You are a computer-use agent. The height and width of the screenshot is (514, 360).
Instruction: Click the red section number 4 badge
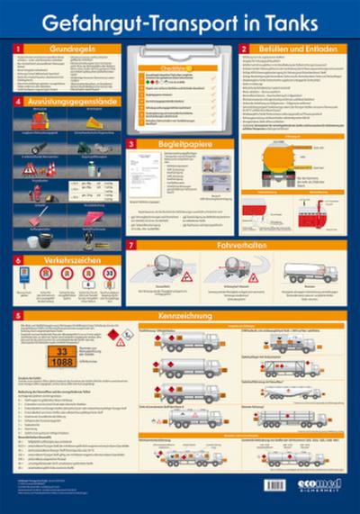19,102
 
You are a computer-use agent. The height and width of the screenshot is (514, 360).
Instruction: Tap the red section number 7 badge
131,245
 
